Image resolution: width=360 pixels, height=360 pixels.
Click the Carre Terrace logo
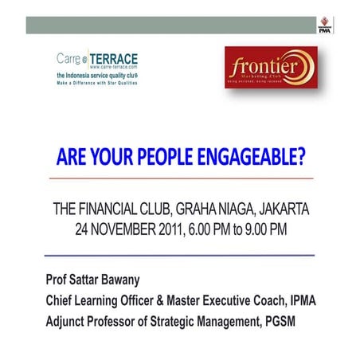tap(97, 68)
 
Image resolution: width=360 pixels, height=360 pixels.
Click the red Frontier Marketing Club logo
tap(271, 67)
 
